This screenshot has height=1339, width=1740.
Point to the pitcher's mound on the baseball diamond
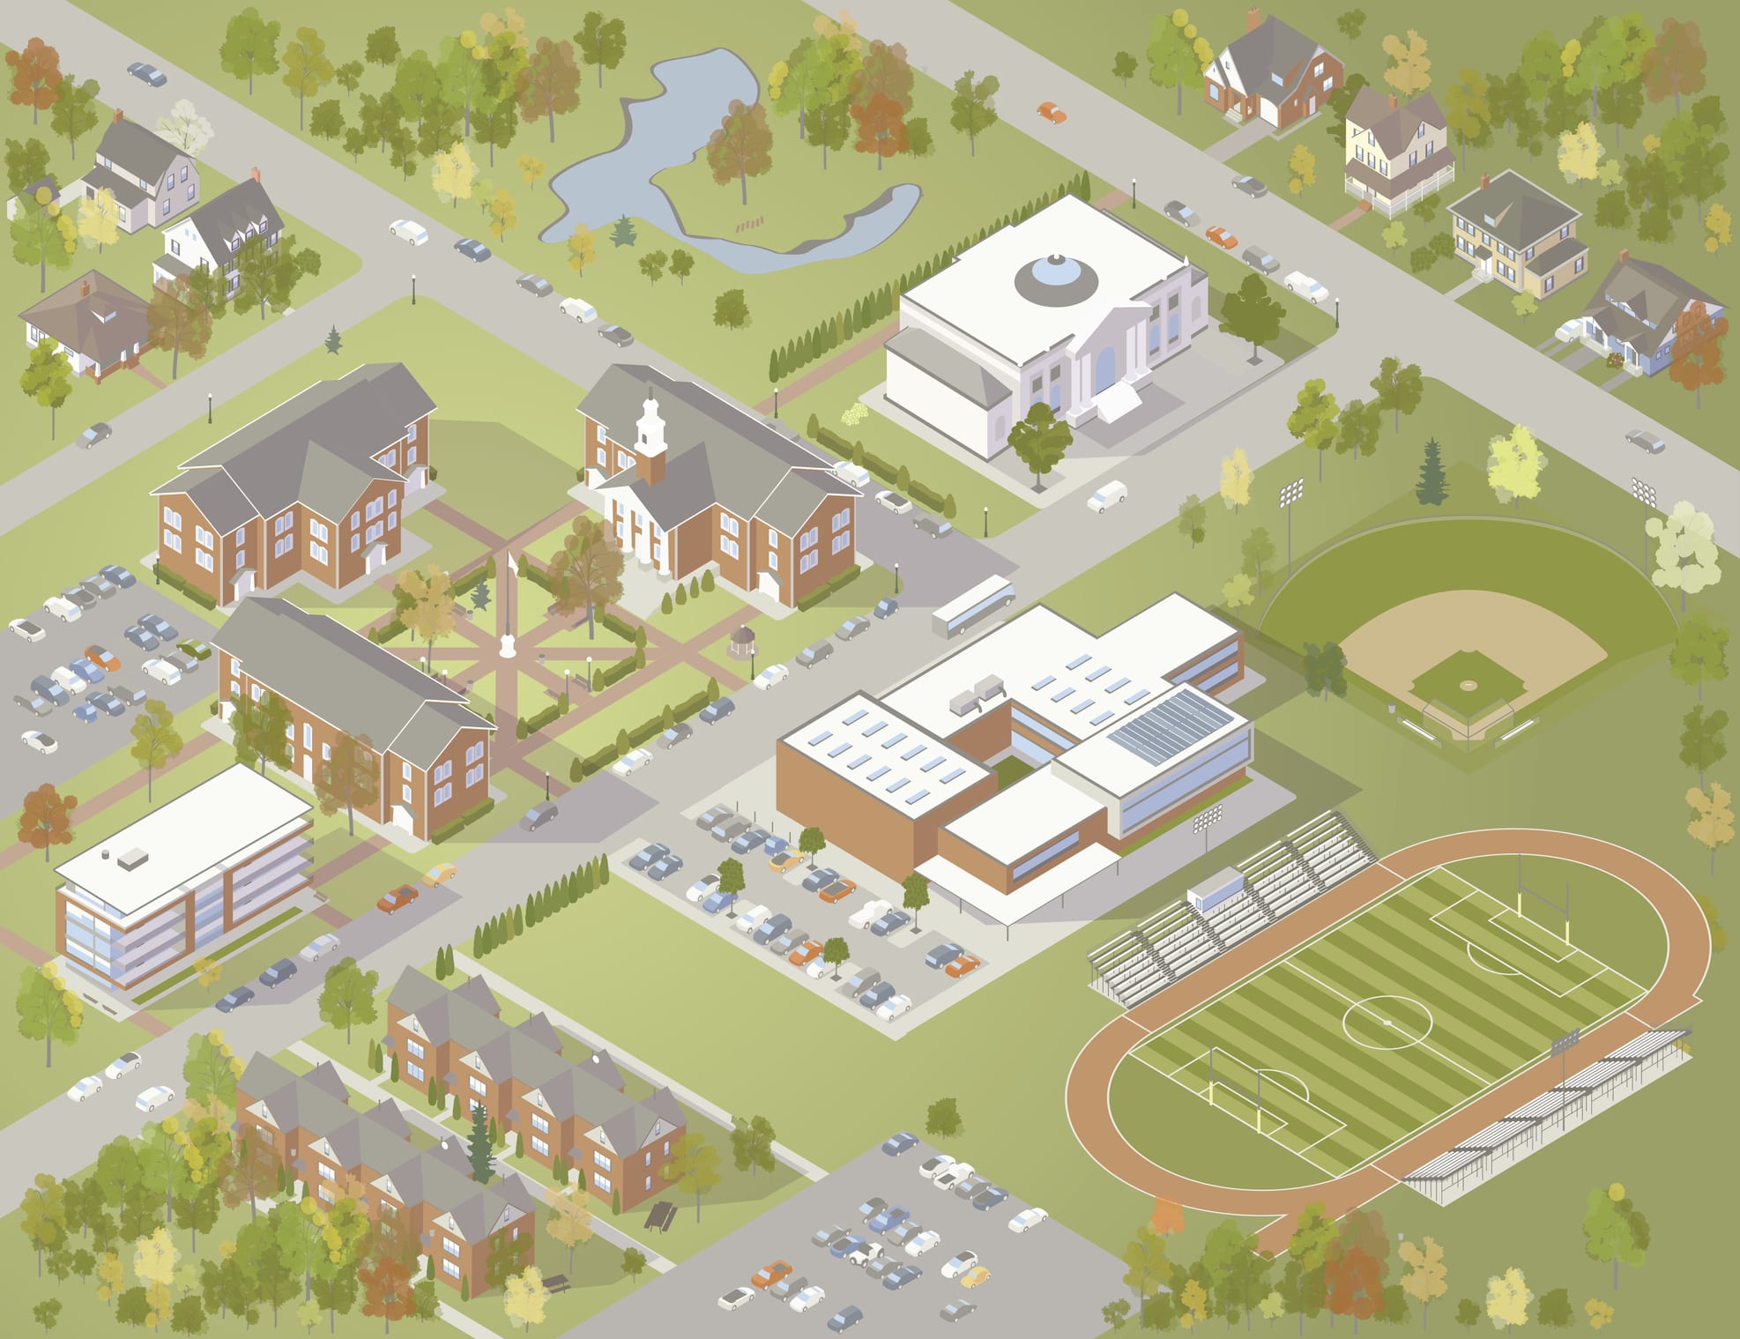pos(1467,684)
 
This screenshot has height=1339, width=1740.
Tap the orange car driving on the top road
pos(1051,112)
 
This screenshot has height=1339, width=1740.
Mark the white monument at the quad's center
pos(507,648)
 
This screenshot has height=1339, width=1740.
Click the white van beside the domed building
pos(1107,495)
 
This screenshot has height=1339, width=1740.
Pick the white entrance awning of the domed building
pos(1118,404)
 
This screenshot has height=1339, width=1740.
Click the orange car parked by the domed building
pos(1221,235)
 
